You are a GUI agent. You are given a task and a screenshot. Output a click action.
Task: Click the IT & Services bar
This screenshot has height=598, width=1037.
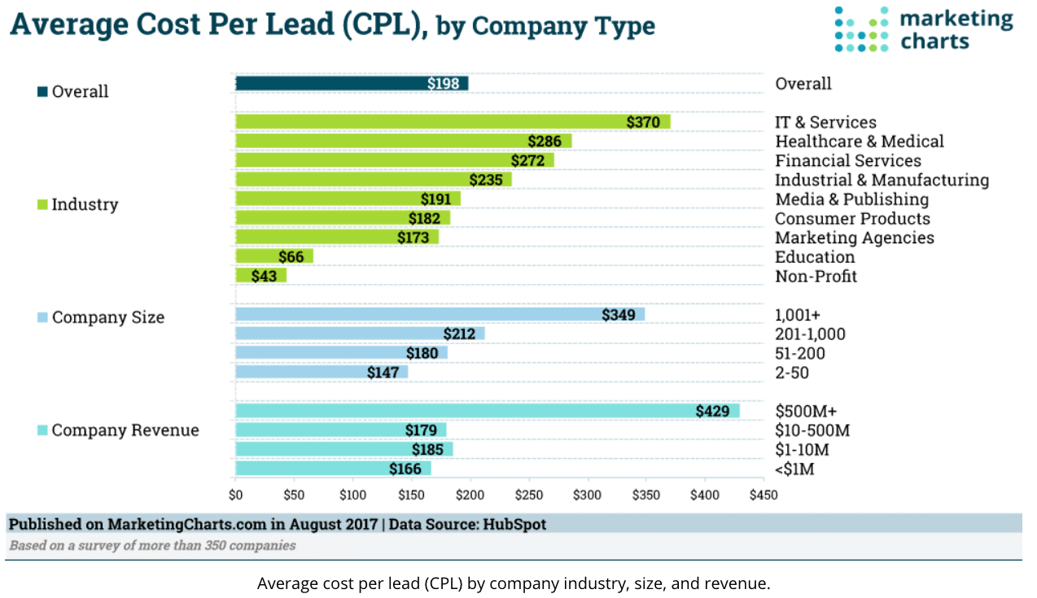(452, 122)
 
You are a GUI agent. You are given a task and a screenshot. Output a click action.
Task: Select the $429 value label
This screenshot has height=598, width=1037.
(712, 411)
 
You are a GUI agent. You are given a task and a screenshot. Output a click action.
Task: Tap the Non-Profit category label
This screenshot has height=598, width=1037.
(816, 277)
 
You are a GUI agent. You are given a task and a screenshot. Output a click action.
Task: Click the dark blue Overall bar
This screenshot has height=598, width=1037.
(351, 83)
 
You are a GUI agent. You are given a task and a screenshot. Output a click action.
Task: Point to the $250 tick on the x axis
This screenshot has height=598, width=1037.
(528, 495)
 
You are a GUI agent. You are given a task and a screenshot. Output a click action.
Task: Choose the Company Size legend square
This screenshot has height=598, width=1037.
(42, 317)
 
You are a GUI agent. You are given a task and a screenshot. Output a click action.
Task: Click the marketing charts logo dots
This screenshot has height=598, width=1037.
(862, 30)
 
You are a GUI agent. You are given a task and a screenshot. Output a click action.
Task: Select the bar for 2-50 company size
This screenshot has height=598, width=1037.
(321, 373)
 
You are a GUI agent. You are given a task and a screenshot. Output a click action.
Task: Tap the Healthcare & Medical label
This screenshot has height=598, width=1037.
(859, 142)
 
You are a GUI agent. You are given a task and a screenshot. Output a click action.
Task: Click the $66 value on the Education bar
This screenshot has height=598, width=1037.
(291, 257)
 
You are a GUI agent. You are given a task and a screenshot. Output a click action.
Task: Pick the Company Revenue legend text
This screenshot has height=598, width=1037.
(125, 430)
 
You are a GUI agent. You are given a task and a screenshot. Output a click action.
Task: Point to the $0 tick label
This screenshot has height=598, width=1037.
(236, 495)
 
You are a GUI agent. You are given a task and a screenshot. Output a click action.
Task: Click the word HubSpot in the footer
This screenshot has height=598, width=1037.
(514, 525)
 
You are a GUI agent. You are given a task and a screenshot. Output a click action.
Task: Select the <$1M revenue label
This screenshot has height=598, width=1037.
(794, 469)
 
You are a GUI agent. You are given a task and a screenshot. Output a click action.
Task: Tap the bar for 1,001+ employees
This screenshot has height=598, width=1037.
(440, 314)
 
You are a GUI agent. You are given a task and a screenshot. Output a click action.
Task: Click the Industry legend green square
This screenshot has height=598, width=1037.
(42, 204)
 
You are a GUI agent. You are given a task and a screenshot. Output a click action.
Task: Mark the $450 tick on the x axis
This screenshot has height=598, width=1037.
(763, 495)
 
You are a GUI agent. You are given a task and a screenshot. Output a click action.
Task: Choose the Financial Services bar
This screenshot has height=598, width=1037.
(394, 160)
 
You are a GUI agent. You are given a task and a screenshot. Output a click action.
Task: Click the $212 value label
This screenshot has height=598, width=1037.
(459, 334)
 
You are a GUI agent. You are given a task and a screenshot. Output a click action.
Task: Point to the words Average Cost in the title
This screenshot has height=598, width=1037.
(106, 24)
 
